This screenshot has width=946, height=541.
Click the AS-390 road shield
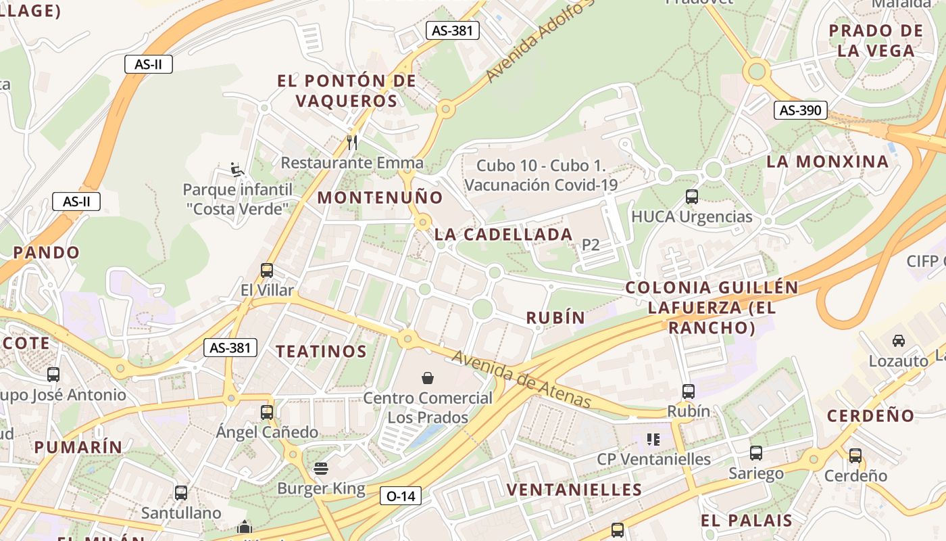[x=800, y=110]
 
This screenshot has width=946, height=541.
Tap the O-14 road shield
[x=400, y=496]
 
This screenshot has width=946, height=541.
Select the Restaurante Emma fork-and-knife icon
[x=351, y=142]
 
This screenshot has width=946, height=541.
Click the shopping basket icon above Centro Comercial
[x=427, y=377]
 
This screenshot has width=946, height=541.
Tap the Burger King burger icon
[x=321, y=468]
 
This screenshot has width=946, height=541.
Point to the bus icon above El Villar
[x=267, y=270]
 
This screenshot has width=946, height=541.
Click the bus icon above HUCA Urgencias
[x=691, y=197]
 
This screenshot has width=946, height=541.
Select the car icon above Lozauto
[x=898, y=341]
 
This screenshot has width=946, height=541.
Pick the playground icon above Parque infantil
[x=236, y=168]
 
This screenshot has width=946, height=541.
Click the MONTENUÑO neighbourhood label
[x=380, y=197]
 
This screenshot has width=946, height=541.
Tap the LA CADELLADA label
[x=503, y=235]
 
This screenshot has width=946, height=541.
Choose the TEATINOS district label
[x=321, y=351]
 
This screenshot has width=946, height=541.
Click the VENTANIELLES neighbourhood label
[x=574, y=490]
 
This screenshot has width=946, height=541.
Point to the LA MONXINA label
[x=827, y=162]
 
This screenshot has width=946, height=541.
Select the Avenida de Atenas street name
[x=521, y=379]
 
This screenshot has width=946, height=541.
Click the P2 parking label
[x=591, y=245]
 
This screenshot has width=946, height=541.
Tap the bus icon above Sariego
[x=755, y=453]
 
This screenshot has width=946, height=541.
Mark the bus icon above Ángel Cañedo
[x=267, y=412]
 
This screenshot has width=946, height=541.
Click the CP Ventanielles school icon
[x=653, y=440]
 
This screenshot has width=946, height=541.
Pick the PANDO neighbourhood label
[x=46, y=252]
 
